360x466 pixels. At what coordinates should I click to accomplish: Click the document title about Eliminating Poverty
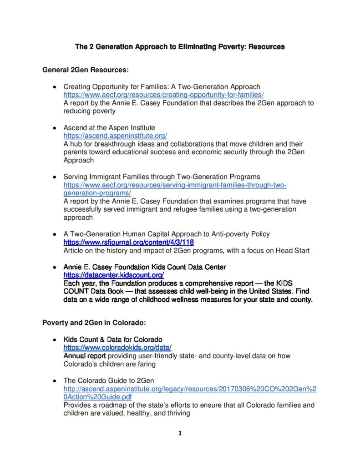[180, 46]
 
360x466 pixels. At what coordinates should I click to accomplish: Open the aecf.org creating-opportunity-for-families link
[163, 95]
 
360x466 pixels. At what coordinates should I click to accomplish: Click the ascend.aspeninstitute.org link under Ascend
[115, 136]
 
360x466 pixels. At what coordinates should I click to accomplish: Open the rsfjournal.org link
[128, 243]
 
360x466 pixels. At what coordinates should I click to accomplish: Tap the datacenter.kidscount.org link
[113, 275]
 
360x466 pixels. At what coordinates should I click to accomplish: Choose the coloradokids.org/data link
[117, 347]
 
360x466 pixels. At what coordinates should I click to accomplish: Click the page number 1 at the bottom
[180, 433]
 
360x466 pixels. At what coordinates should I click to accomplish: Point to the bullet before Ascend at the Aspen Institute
[54, 128]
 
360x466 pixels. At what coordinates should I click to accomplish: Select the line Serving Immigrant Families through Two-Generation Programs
[162, 177]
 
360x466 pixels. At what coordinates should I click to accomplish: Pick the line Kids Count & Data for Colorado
[112, 339]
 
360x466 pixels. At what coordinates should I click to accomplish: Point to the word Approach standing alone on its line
[78, 160]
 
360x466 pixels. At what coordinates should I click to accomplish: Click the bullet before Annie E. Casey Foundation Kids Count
[54, 267]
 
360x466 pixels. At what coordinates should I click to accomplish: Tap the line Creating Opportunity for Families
[162, 86]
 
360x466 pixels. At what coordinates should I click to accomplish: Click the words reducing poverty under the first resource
[90, 111]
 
